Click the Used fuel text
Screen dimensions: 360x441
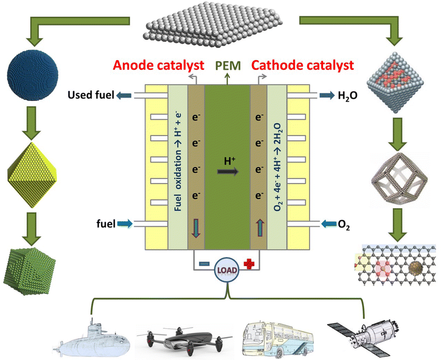tap(91, 96)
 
